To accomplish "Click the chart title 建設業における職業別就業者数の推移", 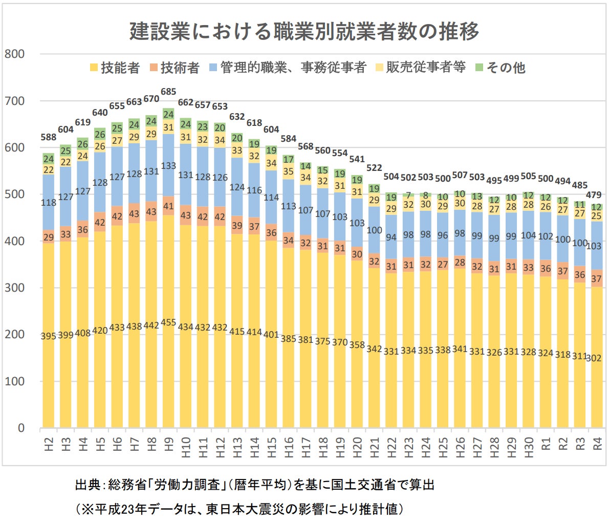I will coord(304,31).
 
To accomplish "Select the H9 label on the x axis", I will coord(168,443).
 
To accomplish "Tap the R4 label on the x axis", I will coord(597,443).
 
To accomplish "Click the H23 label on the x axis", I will coord(408,443).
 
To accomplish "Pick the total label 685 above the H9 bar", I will coord(168,92).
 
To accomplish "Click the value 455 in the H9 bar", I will coord(168,323).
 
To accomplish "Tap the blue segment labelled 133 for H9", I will coord(168,166).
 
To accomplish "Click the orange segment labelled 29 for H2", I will coord(49,237).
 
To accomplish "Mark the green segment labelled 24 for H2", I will coord(49,159).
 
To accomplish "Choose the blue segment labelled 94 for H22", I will coord(391,237).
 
